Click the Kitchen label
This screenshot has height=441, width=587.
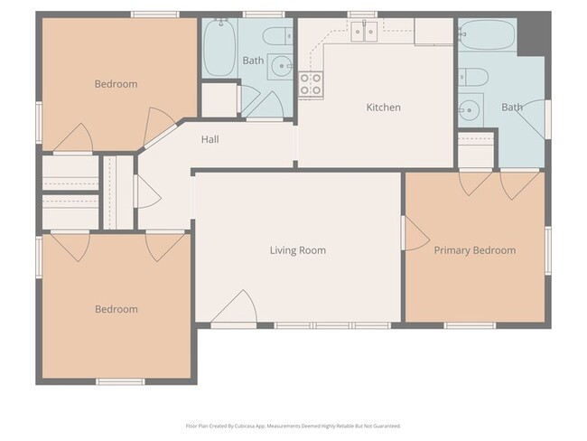383,108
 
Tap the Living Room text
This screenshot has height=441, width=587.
298,250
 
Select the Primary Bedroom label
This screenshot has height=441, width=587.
475,250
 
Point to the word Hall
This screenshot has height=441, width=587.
210,139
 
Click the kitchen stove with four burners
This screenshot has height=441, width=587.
311,84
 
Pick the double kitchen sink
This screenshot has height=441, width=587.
365,32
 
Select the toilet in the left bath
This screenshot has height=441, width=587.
275,37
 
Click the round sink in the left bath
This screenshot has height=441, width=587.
283,66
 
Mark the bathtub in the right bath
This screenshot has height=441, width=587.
487,37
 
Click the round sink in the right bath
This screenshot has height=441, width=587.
469,111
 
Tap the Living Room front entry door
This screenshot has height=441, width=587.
235,310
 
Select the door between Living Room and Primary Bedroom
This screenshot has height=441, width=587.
414,234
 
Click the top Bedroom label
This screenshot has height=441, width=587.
116,84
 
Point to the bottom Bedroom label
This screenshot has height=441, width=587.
116,309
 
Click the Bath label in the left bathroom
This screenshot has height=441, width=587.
253,61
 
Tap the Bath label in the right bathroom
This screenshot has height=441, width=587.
512,108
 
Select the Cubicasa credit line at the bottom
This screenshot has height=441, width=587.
293,426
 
